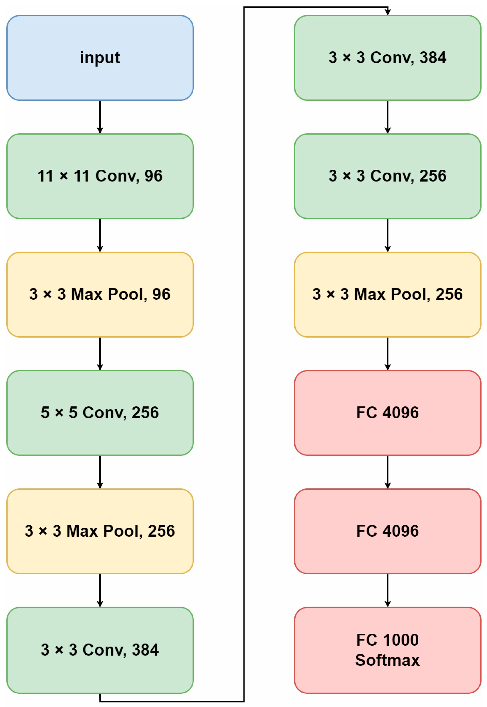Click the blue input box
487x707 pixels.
click(100, 58)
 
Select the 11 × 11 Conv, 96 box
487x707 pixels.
click(100, 176)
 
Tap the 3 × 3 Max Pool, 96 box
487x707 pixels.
click(100, 294)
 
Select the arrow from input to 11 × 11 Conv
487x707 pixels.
click(100, 117)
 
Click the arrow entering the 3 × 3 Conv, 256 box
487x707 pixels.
click(388, 117)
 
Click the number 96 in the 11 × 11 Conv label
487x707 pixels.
click(153, 176)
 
